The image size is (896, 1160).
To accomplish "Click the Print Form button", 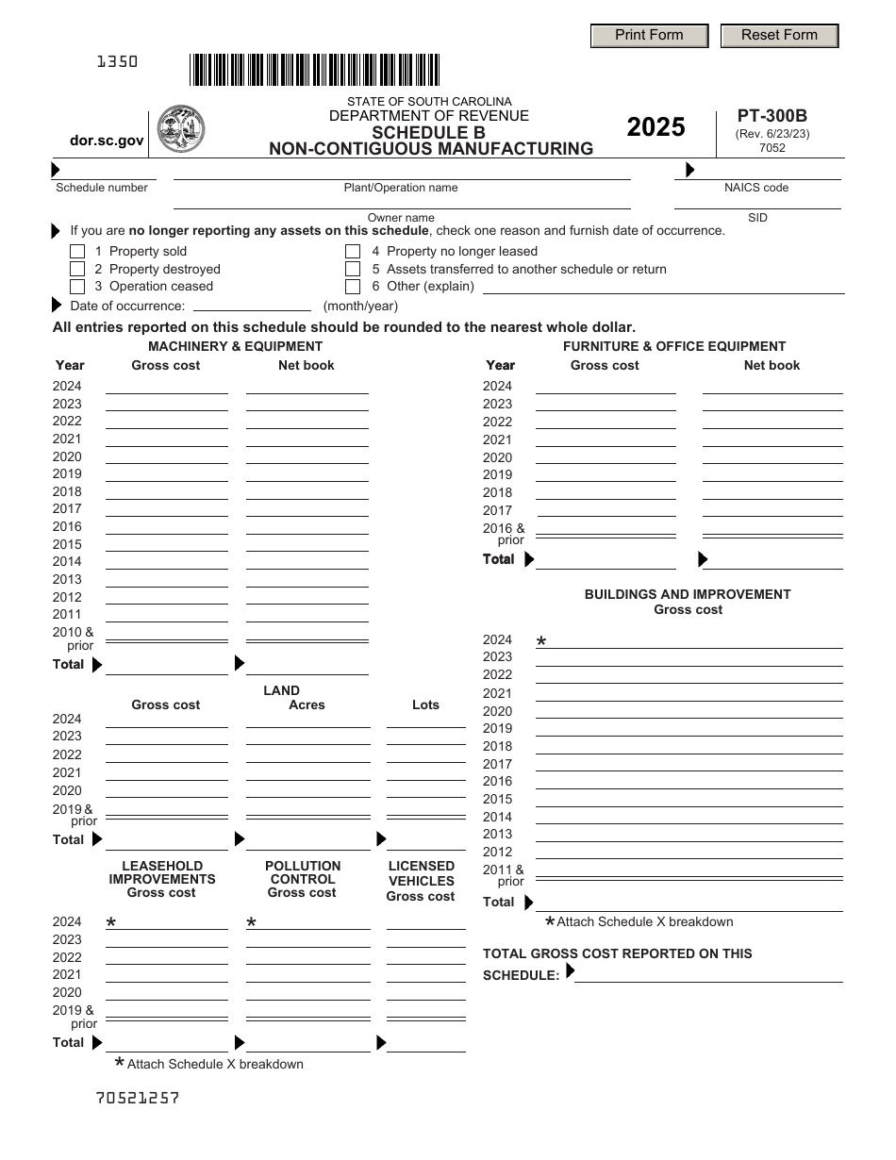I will tap(649, 36).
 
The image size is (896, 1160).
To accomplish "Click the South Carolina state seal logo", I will tap(180, 129).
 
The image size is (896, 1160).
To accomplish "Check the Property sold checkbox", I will tap(77, 252).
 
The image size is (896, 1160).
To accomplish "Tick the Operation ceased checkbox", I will tap(77, 287).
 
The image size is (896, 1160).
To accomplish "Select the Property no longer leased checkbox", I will tap(353, 252).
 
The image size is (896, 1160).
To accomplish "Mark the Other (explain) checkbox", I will tap(353, 287).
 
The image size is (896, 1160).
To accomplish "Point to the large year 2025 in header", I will tap(655, 127).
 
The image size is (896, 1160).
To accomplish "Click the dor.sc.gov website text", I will tap(107, 141).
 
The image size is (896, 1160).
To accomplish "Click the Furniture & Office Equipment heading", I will tap(673, 346).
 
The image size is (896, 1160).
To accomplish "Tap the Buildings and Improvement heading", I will tap(688, 594).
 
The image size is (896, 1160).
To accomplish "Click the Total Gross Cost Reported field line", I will tap(708, 974).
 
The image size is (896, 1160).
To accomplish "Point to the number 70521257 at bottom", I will tap(138, 1098).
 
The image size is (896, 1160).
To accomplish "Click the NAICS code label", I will tap(756, 188).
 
